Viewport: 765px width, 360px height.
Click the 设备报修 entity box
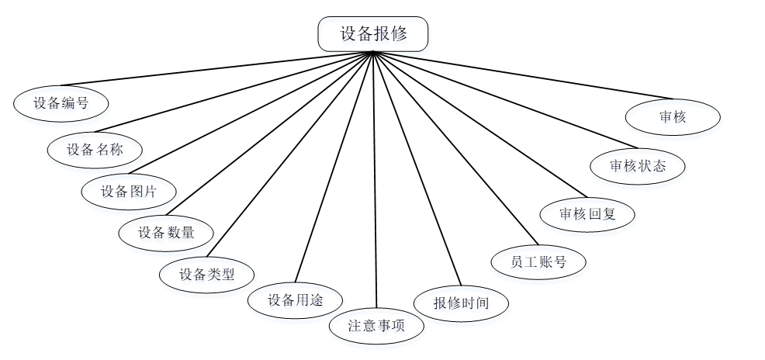tap(373, 34)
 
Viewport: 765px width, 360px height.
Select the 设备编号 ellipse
tap(61, 103)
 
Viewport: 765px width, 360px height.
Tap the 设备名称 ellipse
tap(95, 151)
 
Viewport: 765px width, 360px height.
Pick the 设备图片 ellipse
tap(129, 192)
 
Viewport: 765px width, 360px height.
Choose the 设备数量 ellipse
tap(166, 234)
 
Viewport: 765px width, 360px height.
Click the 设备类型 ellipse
tap(207, 275)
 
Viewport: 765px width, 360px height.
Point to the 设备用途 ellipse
tap(295, 300)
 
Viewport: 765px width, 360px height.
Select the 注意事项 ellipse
tap(376, 326)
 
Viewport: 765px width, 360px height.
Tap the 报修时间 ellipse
tap(461, 303)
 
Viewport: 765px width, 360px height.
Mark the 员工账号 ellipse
tap(538, 262)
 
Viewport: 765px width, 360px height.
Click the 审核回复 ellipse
tap(587, 214)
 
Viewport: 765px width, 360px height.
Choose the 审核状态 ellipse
tap(638, 166)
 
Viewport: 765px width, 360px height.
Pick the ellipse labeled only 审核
tap(673, 117)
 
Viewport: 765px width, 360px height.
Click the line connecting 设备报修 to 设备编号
tap(217, 68)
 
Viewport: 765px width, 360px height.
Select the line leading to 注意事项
tap(375, 179)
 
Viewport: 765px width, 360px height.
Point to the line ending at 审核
tap(523, 75)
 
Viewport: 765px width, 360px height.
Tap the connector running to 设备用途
tap(334, 167)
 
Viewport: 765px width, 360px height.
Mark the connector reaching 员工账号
tap(455, 148)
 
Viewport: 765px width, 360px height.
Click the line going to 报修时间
tap(417, 169)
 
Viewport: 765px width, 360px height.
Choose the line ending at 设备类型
tap(290, 154)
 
